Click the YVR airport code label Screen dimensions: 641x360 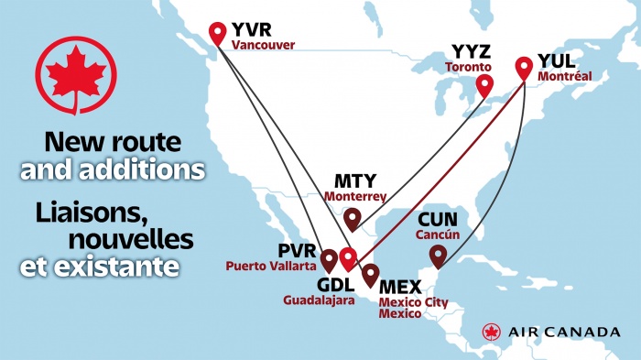point(253,29)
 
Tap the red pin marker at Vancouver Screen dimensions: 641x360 point(217,33)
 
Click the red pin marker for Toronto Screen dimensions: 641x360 point(484,87)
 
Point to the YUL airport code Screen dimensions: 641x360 point(557,60)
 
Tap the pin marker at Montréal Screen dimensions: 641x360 point(524,67)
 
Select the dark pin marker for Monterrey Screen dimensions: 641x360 point(352,218)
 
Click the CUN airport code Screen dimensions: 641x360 point(437,220)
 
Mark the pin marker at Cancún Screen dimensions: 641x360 point(439,255)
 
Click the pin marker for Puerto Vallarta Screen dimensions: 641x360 point(329,259)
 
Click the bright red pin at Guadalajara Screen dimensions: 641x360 point(347,257)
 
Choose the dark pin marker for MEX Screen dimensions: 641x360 point(370,273)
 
